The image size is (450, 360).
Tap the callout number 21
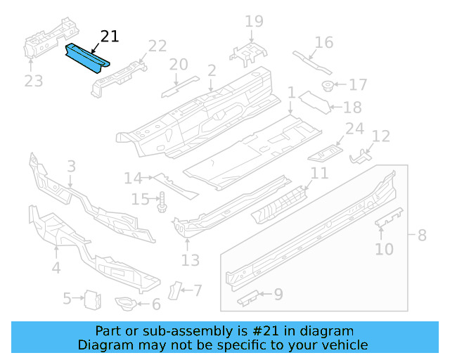pos(110,37)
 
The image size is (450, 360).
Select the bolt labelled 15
pos(161,201)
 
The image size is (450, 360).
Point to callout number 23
pos(34,81)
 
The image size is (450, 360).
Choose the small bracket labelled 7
pos(173,290)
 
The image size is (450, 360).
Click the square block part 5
pos(91,300)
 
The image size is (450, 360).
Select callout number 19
pos(254,21)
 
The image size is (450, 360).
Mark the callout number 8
pos(422,235)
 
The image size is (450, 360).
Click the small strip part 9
pos(249,299)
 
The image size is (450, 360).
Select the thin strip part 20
pos(171,90)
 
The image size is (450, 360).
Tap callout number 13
pos(191,260)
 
